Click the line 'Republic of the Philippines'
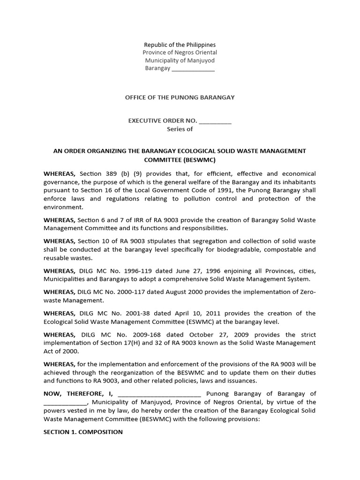[x=180, y=45]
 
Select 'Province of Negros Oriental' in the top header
[x=180, y=52]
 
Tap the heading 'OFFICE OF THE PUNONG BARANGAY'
[x=180, y=97]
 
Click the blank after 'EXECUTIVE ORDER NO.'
[x=215, y=121]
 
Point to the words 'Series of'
[x=180, y=129]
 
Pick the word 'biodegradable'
[x=256, y=249]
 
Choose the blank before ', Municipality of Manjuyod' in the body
[x=65, y=402]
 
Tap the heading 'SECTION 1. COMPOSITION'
[x=83, y=432]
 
